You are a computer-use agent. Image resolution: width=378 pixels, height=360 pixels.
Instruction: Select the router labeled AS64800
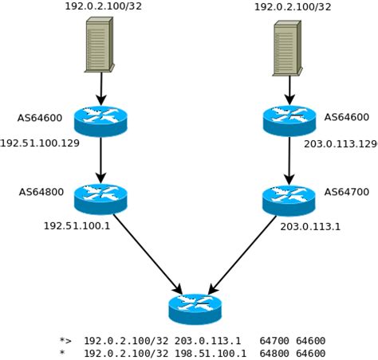click(100, 195)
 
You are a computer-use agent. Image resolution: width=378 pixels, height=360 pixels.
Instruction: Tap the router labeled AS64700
click(289, 198)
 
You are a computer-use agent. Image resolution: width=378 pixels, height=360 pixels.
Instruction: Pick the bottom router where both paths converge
click(195, 307)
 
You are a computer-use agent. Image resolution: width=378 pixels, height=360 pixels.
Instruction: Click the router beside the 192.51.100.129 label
click(100, 119)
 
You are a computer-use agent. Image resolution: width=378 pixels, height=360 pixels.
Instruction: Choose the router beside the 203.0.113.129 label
click(289, 119)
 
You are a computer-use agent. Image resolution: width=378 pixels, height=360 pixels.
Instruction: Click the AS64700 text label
click(346, 192)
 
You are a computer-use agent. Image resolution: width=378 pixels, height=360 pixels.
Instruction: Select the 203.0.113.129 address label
click(341, 143)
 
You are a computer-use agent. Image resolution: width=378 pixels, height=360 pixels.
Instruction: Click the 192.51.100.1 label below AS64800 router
click(77, 225)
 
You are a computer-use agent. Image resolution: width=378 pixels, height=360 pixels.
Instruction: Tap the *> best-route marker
click(65, 340)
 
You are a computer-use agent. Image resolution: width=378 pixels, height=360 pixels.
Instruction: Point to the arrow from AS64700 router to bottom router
click(242, 254)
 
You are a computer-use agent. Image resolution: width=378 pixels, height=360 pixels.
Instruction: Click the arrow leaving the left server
click(101, 87)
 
